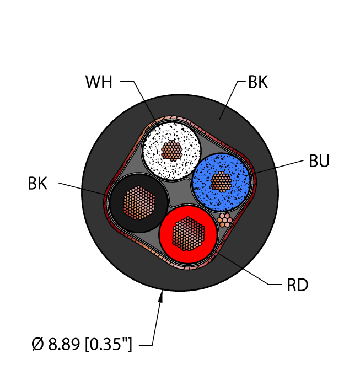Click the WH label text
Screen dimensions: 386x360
tap(99, 83)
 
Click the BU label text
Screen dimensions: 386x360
tap(319, 162)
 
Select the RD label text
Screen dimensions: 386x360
tap(297, 285)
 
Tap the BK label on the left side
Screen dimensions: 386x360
tap(37, 184)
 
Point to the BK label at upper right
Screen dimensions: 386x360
tap(257, 83)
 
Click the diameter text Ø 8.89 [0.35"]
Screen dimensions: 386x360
tap(82, 345)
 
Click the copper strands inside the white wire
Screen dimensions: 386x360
tap(172, 149)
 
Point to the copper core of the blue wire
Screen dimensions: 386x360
tap(222, 181)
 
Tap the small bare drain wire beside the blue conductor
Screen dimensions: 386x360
tap(224, 219)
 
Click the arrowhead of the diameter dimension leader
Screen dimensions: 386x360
tap(162, 298)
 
